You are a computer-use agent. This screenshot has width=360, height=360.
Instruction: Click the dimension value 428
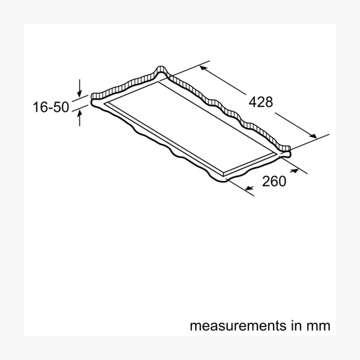[261, 102]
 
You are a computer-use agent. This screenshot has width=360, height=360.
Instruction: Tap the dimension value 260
[274, 181]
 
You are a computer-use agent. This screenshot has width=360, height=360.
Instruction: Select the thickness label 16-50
[51, 107]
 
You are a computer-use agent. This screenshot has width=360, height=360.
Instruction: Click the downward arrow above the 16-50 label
[79, 88]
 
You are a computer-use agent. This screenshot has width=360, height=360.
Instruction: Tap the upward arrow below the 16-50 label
[79, 118]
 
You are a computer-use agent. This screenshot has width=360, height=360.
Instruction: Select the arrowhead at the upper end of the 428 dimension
[203, 68]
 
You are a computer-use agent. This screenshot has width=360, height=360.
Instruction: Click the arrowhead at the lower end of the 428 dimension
[313, 136]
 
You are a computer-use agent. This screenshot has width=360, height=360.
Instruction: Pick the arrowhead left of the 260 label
[249, 188]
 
